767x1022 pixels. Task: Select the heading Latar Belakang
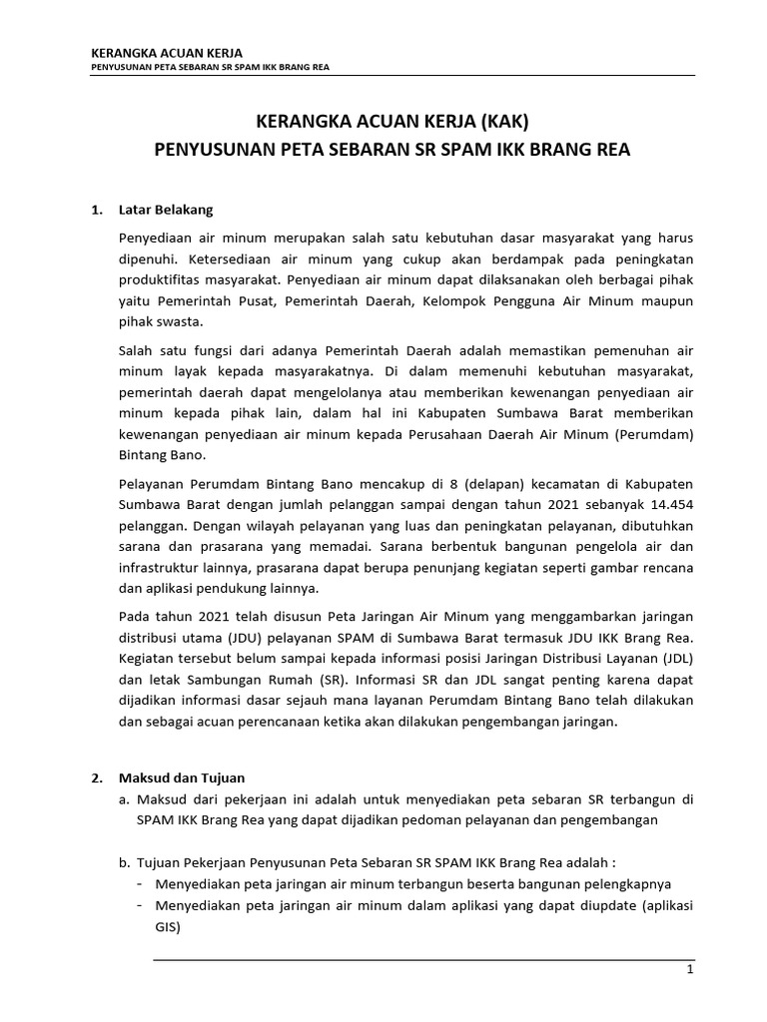pos(166,211)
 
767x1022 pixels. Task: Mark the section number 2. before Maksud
pos(97,777)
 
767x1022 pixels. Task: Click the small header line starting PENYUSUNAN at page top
pos(211,69)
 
